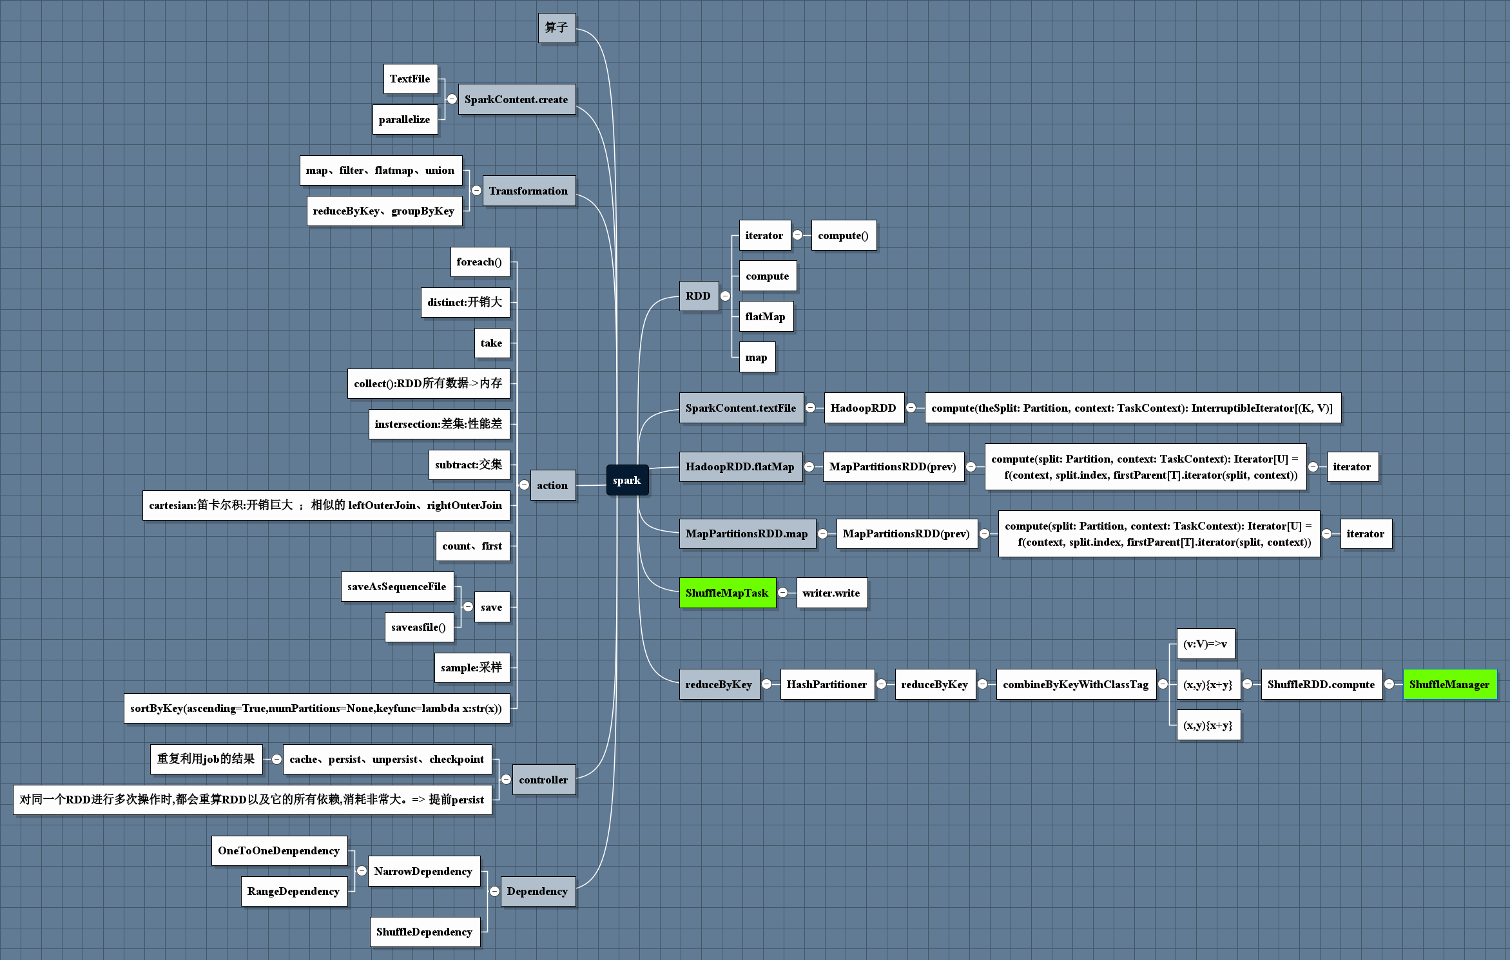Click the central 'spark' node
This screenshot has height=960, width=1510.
(626, 480)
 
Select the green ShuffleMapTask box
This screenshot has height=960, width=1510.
(727, 593)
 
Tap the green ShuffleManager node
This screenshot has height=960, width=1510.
(1449, 684)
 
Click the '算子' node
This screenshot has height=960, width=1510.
(556, 28)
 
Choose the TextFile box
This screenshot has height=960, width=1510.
(410, 79)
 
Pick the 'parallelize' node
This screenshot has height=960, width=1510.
(404, 119)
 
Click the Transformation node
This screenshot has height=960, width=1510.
(528, 191)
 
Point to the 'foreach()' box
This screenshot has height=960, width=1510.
(479, 262)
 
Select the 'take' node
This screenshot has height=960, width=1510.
(491, 343)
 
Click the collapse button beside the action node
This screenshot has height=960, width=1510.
(524, 485)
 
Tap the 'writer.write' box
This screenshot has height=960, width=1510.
(831, 593)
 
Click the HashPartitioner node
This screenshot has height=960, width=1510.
(826, 684)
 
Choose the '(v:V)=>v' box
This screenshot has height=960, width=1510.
(1205, 644)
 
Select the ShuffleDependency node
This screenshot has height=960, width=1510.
(424, 932)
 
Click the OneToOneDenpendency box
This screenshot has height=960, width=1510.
(278, 850)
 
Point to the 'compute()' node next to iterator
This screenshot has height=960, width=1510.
(843, 235)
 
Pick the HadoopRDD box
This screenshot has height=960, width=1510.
(863, 408)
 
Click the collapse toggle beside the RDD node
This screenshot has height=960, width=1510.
(725, 296)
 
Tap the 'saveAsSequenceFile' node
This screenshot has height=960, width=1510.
(396, 586)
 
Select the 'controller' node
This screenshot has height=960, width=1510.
(543, 780)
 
